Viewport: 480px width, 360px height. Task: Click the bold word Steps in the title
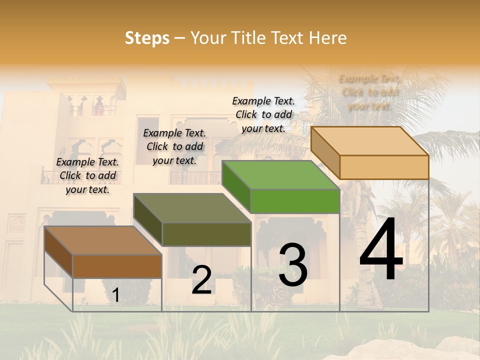147,38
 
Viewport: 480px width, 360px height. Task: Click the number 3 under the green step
293,265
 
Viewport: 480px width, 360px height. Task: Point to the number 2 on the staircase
201,280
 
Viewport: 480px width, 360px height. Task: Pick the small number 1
115,295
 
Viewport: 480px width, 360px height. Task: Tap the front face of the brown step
117,266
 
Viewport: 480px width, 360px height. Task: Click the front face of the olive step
206,234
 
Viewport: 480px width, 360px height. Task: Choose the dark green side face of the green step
236,186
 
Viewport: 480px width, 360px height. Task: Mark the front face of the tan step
384,167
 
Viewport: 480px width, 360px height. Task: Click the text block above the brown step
87,176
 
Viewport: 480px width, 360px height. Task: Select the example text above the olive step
174,147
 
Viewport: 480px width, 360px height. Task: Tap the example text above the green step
263,115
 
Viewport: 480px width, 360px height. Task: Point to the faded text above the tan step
370,92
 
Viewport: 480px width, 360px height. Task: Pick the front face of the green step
295,201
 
